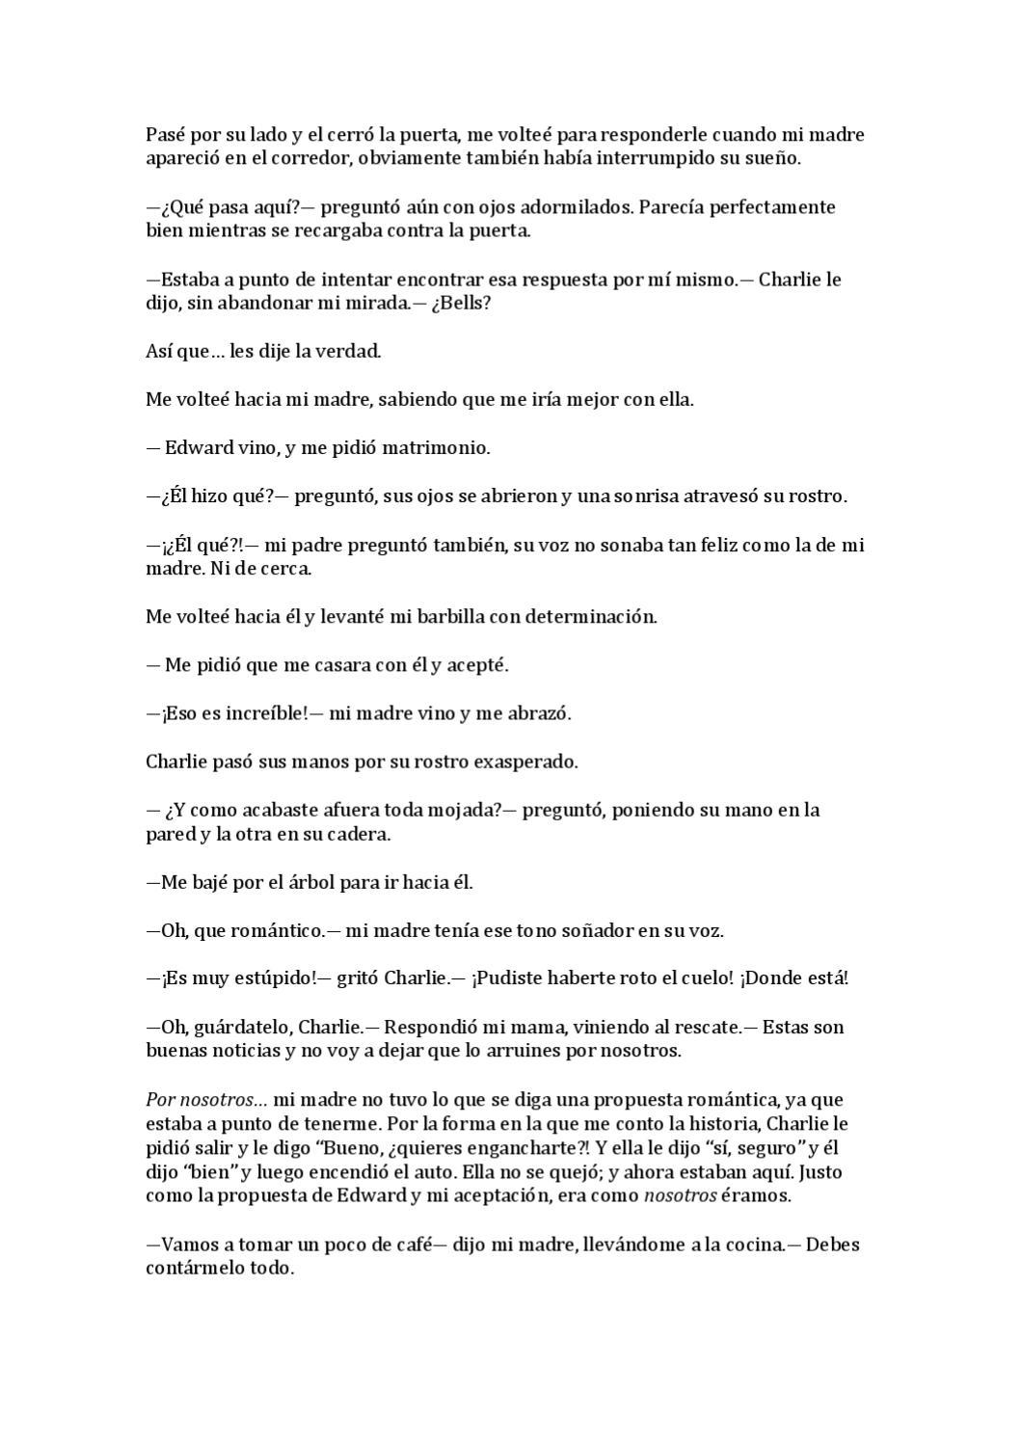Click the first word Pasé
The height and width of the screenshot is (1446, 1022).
click(x=165, y=135)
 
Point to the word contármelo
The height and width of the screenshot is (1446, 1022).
click(x=196, y=1269)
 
